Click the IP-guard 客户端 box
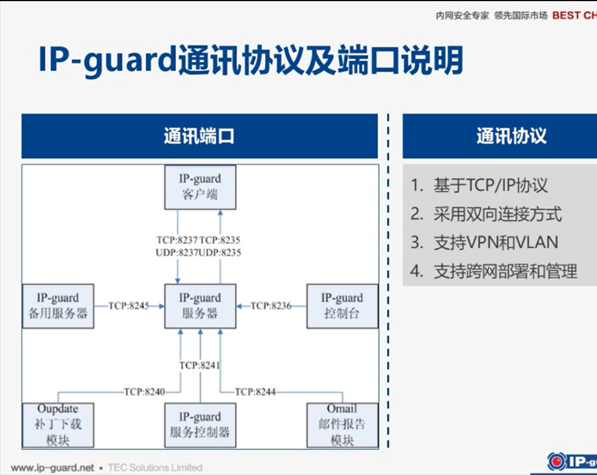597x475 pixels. pos(200,187)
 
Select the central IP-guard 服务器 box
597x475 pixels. pos(200,306)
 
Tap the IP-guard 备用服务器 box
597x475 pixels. pos(58,306)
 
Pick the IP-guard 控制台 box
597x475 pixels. pos(342,306)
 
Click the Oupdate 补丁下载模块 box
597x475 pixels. pos(58,425)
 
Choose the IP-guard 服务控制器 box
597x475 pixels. pos(200,425)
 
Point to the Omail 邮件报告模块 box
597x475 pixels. pos(342,425)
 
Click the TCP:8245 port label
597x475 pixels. pos(129,305)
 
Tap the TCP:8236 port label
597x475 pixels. pos(271,305)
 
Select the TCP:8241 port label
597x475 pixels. pos(200,365)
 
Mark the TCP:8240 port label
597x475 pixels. pos(144,392)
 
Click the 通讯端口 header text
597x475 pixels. pos(199,136)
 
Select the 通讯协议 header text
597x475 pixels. pos(511,136)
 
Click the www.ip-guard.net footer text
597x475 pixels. pos(53,468)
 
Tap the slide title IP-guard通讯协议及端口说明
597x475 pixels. pos(250,60)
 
